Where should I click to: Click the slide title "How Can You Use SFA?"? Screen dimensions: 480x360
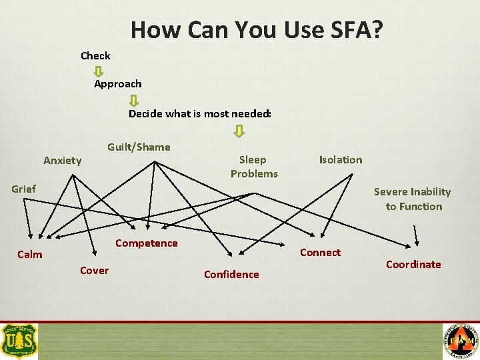[257, 29]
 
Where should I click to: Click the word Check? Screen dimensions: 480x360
[95, 55]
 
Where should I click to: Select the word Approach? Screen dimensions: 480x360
[117, 84]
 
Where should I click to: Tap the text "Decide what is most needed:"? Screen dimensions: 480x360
[200, 113]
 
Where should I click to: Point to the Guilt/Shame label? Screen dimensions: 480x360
[139, 147]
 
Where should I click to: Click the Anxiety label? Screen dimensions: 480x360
[62, 160]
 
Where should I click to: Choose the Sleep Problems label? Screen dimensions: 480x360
[254, 167]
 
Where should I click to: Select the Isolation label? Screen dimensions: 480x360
[341, 159]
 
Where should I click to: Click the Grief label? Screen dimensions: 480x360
[23, 189]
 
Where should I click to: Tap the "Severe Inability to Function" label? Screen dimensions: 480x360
[413, 199]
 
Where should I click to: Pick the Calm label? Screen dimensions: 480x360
[29, 254]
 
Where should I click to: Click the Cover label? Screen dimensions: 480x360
[94, 270]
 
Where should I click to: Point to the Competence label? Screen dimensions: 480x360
[146, 243]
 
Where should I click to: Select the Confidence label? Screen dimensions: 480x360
[231, 274]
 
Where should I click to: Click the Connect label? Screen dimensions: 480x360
[320, 252]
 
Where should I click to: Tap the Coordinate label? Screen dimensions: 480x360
[413, 264]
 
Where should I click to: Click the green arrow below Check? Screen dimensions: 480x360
[99, 69]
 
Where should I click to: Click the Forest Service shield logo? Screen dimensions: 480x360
[20, 341]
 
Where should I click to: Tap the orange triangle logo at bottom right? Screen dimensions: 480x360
[461, 341]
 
